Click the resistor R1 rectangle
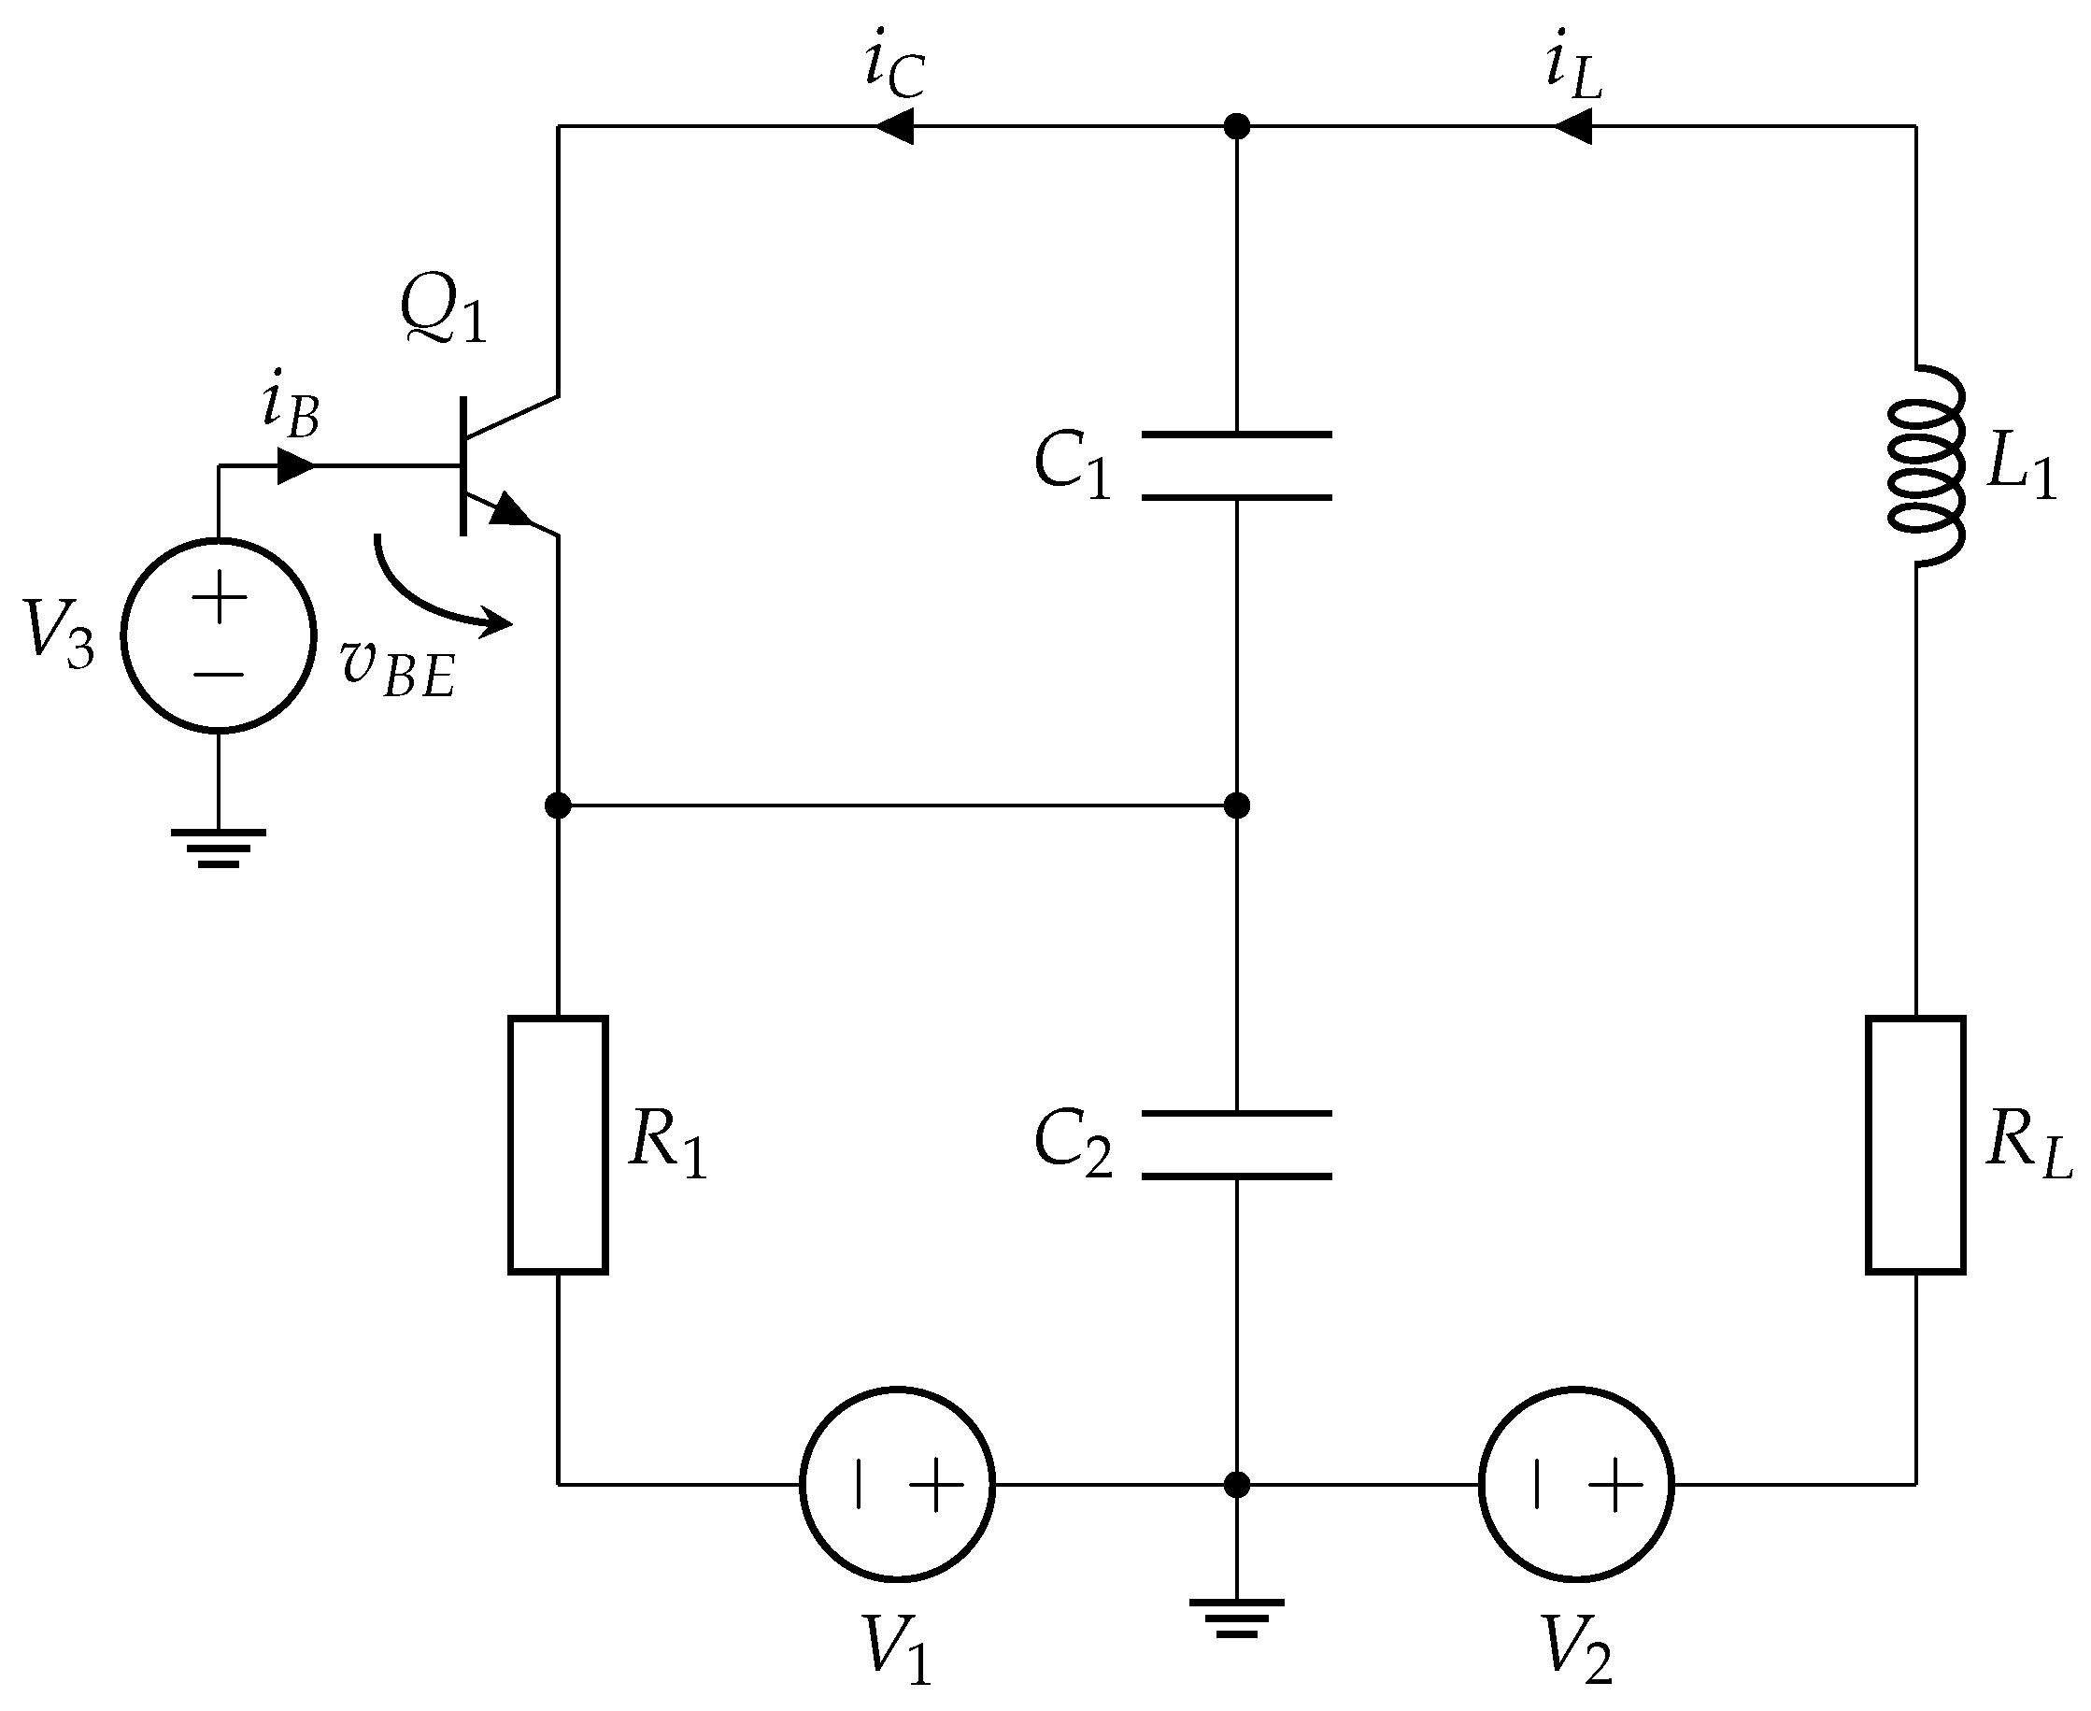coord(558,1146)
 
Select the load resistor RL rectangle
coord(1915,1146)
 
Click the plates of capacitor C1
coord(1237,466)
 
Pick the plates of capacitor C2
coord(1237,1146)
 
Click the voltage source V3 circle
coord(219,635)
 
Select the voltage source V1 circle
coord(898,1484)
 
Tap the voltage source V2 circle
coord(1575,1484)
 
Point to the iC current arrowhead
coord(894,126)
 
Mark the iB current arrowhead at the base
coord(295,466)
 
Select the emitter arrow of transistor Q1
coord(510,510)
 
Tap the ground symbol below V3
coord(219,848)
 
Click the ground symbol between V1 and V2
coord(1237,1618)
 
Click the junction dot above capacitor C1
coord(1237,126)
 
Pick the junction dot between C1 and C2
coord(1237,806)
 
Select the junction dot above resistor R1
coord(558,806)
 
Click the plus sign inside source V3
coord(219,597)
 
